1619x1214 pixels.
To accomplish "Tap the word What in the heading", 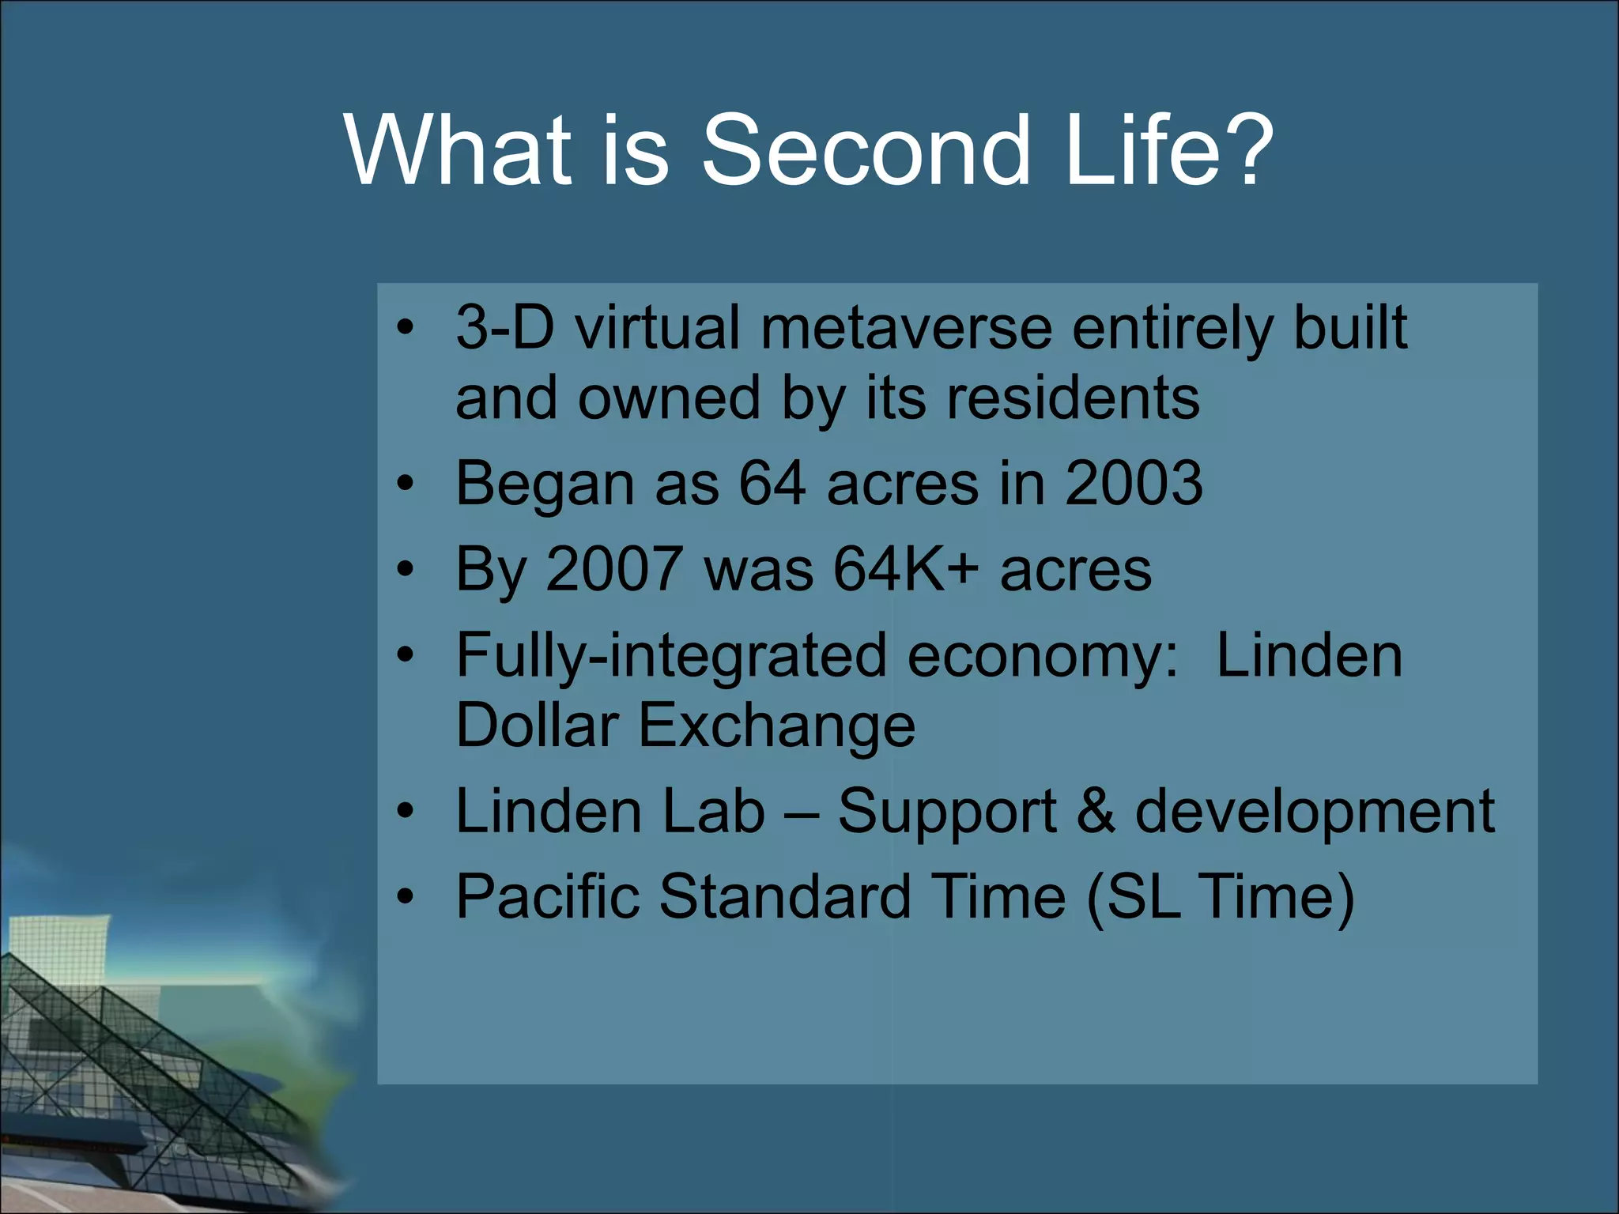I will (x=457, y=150).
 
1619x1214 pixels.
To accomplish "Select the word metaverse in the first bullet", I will (x=906, y=328).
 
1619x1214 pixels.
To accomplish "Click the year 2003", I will (x=1133, y=483).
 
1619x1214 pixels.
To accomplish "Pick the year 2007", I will (x=615, y=568).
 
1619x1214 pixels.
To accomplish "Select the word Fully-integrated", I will (x=671, y=656).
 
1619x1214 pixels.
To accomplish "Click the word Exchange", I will (x=776, y=725).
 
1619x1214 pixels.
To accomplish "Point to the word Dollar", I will (x=537, y=725).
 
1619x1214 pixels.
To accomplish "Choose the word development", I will (x=1314, y=812).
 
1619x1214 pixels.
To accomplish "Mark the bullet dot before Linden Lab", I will (x=406, y=812).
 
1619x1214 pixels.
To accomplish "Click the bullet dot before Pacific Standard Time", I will (x=406, y=897).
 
